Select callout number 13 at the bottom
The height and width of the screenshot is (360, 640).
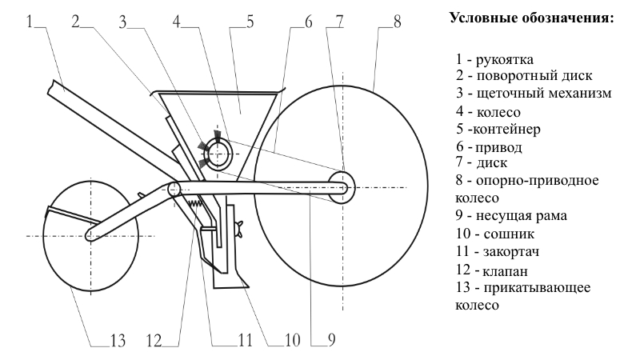(x=118, y=340)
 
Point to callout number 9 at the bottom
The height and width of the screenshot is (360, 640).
(x=329, y=340)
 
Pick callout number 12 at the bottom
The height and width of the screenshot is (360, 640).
(x=154, y=340)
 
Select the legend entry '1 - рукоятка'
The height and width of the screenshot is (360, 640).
(x=492, y=59)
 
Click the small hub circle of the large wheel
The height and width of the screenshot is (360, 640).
(x=341, y=186)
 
